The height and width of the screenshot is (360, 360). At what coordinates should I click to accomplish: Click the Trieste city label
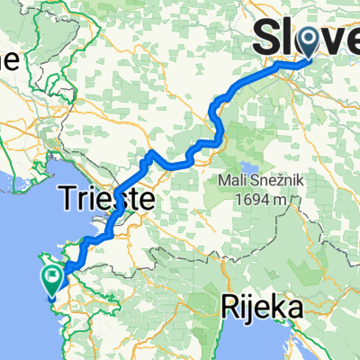[105, 198]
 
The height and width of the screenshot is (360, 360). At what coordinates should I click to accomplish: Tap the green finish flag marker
[53, 280]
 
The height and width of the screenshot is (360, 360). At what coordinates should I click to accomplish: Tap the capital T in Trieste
[68, 198]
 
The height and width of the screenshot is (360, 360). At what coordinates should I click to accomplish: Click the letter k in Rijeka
[274, 309]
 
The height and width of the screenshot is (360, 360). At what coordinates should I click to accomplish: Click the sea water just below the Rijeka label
[261, 342]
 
